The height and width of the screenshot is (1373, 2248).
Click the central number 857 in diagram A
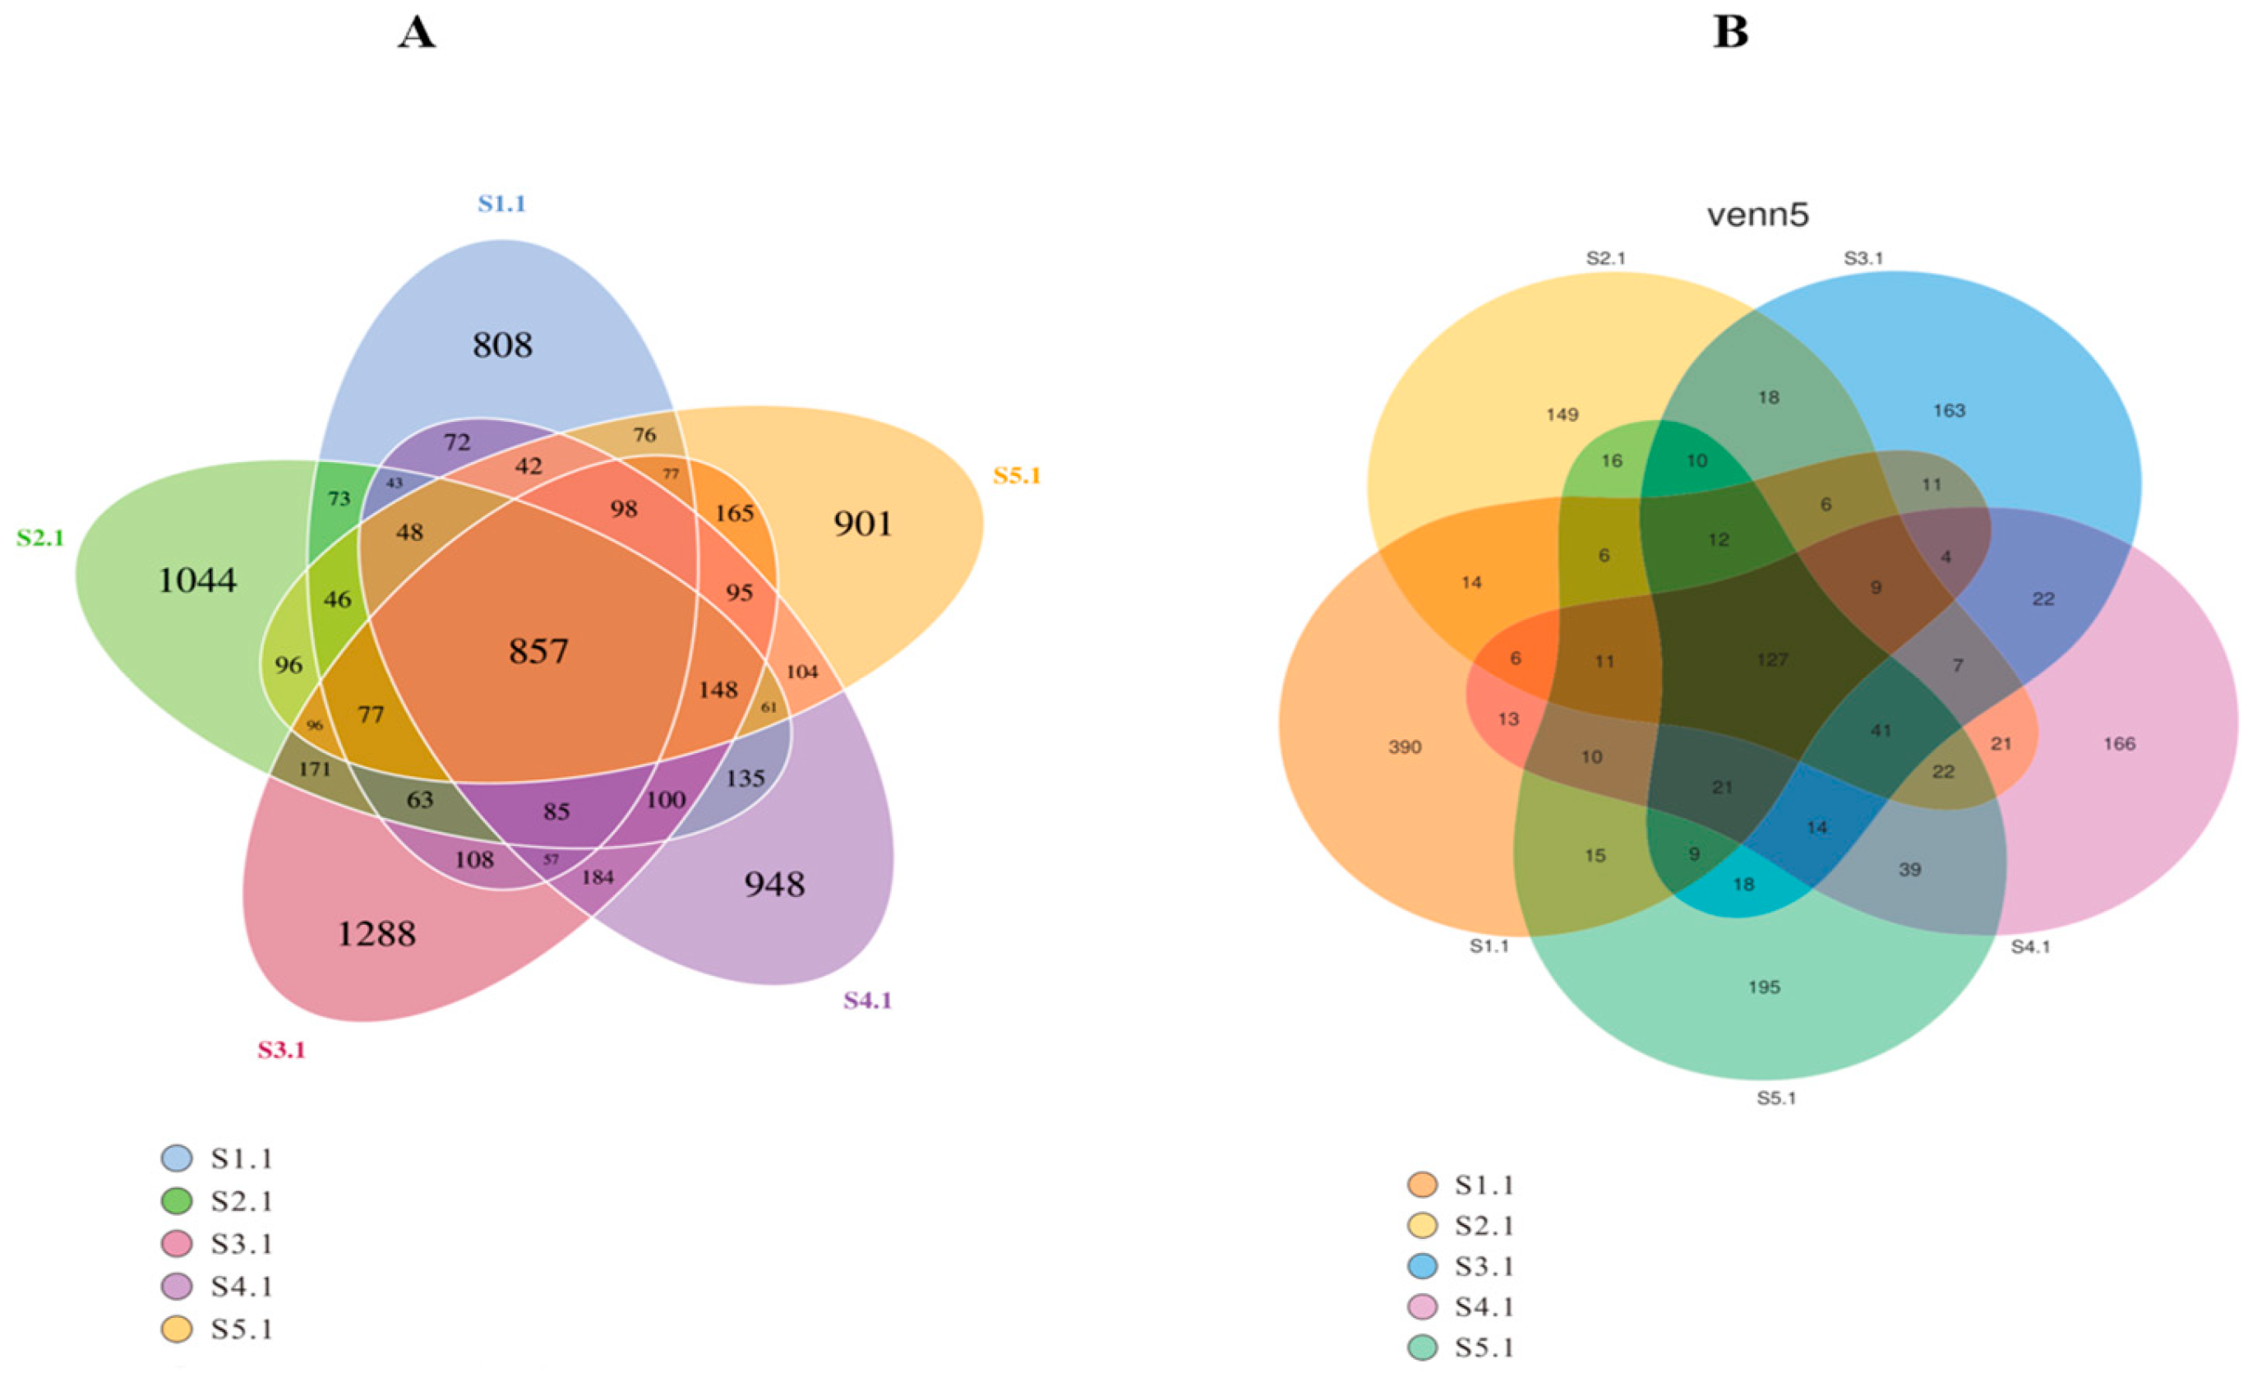pyautogui.click(x=538, y=651)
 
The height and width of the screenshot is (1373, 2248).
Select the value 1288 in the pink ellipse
pyautogui.click(x=376, y=933)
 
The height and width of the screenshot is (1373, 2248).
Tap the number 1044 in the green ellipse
pyautogui.click(x=197, y=580)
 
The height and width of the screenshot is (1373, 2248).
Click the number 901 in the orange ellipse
pyautogui.click(x=863, y=524)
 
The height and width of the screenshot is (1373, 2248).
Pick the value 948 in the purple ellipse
pyautogui.click(x=774, y=884)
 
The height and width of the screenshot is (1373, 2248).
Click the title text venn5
pyautogui.click(x=1757, y=215)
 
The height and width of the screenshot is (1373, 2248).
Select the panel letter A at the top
pyautogui.click(x=417, y=33)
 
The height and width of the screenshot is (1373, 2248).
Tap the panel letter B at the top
pyautogui.click(x=1731, y=33)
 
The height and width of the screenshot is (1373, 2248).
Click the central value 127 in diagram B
pyautogui.click(x=1772, y=659)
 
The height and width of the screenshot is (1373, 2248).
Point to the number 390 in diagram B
pyautogui.click(x=1405, y=747)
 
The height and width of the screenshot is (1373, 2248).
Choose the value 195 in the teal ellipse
pyautogui.click(x=1765, y=987)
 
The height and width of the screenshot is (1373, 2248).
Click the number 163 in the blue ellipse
pyautogui.click(x=1949, y=410)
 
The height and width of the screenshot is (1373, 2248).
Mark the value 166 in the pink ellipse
pyautogui.click(x=2119, y=743)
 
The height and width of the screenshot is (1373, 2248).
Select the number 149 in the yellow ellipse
pyautogui.click(x=1562, y=415)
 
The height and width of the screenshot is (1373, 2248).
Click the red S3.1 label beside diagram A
pyautogui.click(x=281, y=1050)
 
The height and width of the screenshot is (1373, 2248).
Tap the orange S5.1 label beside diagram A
pyautogui.click(x=1017, y=476)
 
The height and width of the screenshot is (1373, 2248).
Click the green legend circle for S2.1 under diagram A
pyautogui.click(x=177, y=1201)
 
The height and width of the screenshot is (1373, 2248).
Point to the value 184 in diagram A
pyautogui.click(x=598, y=877)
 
